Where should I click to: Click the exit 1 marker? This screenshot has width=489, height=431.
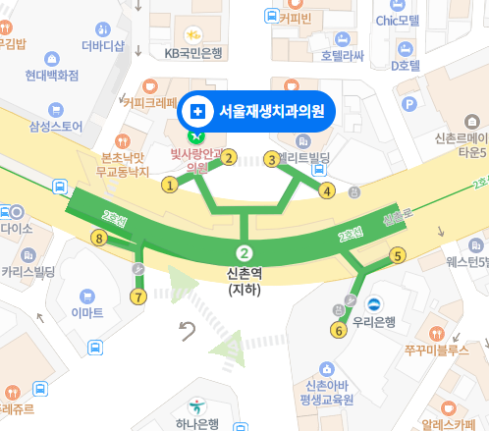coord(170,184)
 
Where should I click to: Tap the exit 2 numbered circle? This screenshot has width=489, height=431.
coord(229,157)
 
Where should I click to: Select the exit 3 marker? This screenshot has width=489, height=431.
coord(272,159)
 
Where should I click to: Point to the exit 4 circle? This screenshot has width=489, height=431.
coord(328,190)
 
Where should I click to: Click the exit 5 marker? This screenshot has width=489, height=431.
coord(398,256)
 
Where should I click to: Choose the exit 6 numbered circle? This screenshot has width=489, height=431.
coord(340,330)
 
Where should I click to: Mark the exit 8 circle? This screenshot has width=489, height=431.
coord(97,238)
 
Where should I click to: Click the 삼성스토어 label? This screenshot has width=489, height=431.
coord(56,126)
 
